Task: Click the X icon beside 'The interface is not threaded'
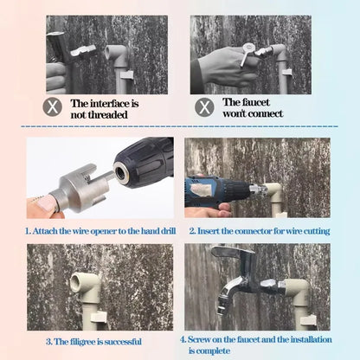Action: pyautogui.click(x=53, y=106)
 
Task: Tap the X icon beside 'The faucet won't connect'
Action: pyautogui.click(x=204, y=107)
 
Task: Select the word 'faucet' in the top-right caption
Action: pyautogui.click(x=255, y=102)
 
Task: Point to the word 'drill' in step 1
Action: pyautogui.click(x=168, y=231)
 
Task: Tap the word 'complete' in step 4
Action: pyautogui.click(x=213, y=351)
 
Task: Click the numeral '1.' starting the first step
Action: pyautogui.click(x=28, y=231)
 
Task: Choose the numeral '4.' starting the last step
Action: pyautogui.click(x=183, y=339)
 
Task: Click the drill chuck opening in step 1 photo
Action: pyautogui.click(x=119, y=172)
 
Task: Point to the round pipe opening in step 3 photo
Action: pyautogui.click(x=78, y=280)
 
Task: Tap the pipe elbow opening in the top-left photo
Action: pyautogui.click(x=110, y=52)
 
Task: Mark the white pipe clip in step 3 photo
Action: pyautogui.click(x=99, y=317)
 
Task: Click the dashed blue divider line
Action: pyautogui.click(x=179, y=126)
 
